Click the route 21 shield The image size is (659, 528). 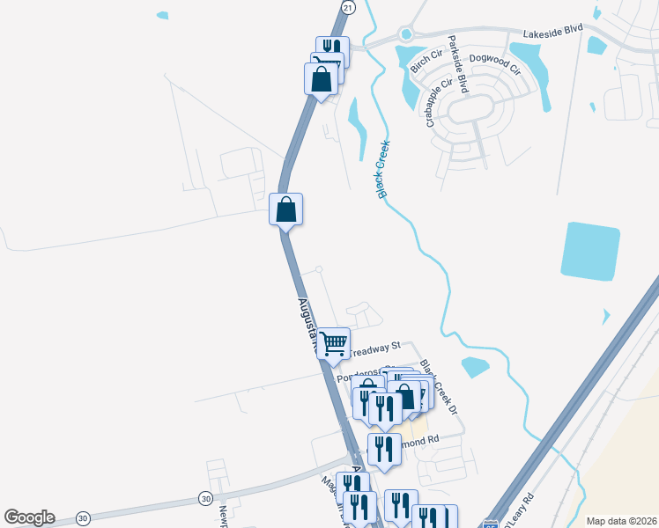[x=348, y=7]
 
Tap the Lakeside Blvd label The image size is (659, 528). [x=553, y=30]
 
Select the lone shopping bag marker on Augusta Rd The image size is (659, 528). [x=285, y=209]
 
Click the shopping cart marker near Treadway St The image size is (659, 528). [x=333, y=343]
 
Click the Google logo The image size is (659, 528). [x=29, y=517]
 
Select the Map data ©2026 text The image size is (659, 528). [x=620, y=520]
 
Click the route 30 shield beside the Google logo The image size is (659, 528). [x=83, y=517]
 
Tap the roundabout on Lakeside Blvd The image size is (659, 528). [x=405, y=35]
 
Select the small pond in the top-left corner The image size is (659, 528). [x=161, y=15]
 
